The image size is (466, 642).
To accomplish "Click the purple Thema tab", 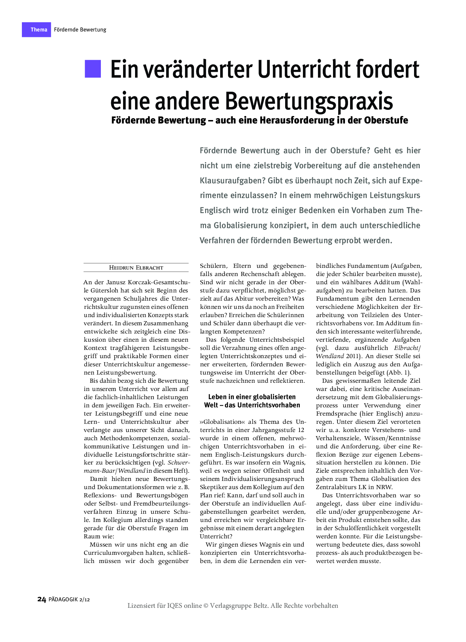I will click(x=37, y=30).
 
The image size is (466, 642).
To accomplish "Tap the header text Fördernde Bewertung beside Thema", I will click(x=80, y=30).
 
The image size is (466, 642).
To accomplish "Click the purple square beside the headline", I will click(x=93, y=69).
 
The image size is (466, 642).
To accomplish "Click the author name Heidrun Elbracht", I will click(x=136, y=268).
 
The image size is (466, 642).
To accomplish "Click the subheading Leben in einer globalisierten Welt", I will click(x=252, y=401).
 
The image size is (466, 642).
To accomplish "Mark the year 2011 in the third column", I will click(x=352, y=356).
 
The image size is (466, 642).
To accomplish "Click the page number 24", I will click(x=41, y=599).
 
